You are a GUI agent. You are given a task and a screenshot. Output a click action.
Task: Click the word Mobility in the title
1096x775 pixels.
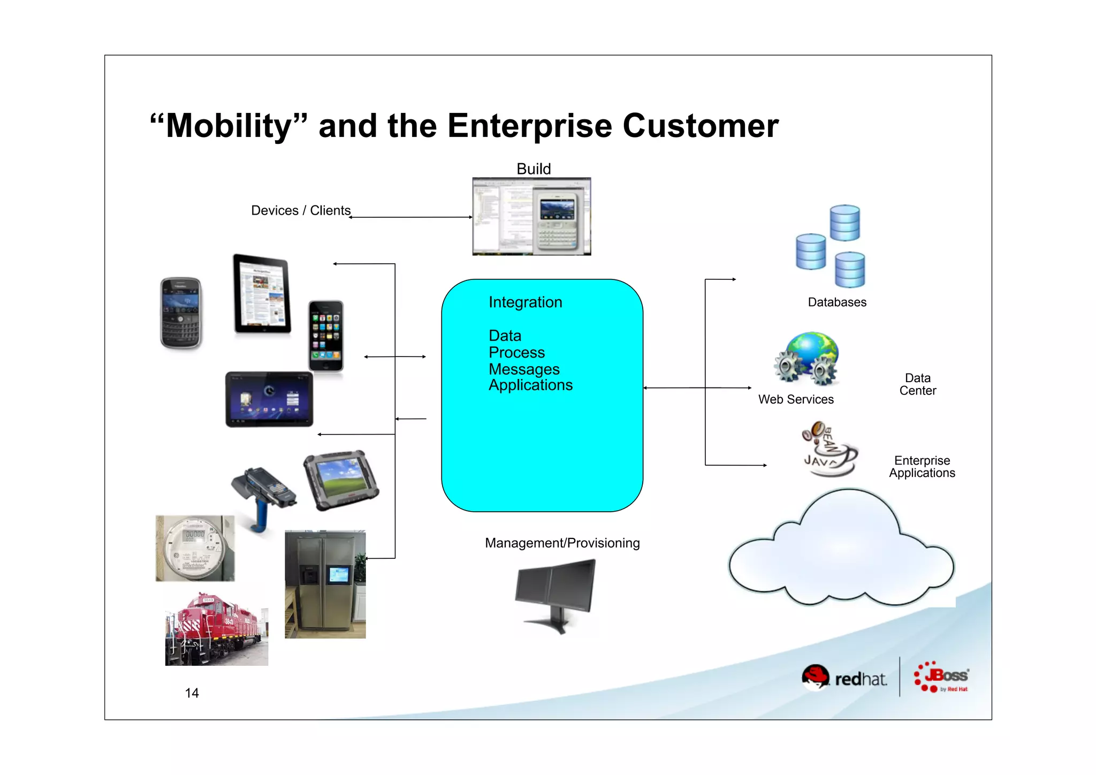[x=229, y=126]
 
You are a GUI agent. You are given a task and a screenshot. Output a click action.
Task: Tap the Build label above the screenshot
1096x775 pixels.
[x=534, y=169]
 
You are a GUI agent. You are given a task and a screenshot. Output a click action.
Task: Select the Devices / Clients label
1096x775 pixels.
[x=301, y=210]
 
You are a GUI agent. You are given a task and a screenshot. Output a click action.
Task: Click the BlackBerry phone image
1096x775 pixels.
[x=181, y=313]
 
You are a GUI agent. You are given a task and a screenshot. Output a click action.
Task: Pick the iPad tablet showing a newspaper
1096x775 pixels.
[x=262, y=294]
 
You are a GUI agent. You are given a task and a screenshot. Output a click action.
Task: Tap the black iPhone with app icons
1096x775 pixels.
[x=326, y=336]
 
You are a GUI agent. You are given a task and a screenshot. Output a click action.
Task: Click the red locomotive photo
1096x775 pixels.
[x=216, y=629]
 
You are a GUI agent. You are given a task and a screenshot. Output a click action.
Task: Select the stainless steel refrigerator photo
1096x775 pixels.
[x=325, y=584]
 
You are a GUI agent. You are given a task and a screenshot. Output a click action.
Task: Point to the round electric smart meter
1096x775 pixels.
[x=194, y=548]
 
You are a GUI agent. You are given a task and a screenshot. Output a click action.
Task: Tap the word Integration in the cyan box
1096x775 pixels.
[x=525, y=302]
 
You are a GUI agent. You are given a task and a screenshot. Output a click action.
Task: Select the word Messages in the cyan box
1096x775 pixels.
[x=524, y=369]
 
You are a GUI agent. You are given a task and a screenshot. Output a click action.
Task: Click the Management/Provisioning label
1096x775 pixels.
[x=562, y=543]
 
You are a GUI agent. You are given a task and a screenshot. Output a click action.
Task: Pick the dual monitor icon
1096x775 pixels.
[x=555, y=592]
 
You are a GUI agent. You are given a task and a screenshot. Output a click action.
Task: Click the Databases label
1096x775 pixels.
[x=837, y=302]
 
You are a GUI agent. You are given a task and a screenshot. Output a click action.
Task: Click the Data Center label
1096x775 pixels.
[x=917, y=384]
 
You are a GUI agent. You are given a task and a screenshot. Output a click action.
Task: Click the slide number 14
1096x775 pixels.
[x=192, y=693]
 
